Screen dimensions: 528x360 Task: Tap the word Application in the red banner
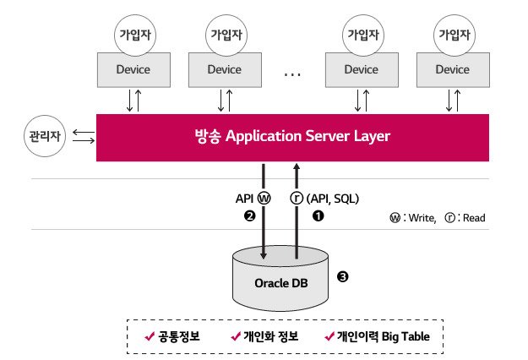[264, 136]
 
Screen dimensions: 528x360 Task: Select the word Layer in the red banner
[372, 137]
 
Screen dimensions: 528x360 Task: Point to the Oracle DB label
[281, 283]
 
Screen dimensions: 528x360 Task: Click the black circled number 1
[318, 215]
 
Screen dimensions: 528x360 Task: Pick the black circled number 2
[249, 215]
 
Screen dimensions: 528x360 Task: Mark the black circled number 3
[342, 277]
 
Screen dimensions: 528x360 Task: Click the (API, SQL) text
[333, 199]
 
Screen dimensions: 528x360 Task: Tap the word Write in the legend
[422, 218]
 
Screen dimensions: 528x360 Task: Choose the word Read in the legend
[474, 218]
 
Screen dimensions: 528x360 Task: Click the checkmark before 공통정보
[150, 336]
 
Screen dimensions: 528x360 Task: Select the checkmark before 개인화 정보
[236, 336]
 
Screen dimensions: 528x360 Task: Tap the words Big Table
[406, 336]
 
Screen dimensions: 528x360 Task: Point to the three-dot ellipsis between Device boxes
[292, 74]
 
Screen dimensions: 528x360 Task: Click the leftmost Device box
[133, 70]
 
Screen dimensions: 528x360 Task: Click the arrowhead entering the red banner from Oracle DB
[297, 166]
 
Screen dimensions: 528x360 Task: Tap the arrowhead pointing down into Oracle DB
[264, 256]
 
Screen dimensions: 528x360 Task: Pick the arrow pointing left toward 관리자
[84, 133]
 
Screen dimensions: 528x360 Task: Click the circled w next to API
[264, 199]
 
